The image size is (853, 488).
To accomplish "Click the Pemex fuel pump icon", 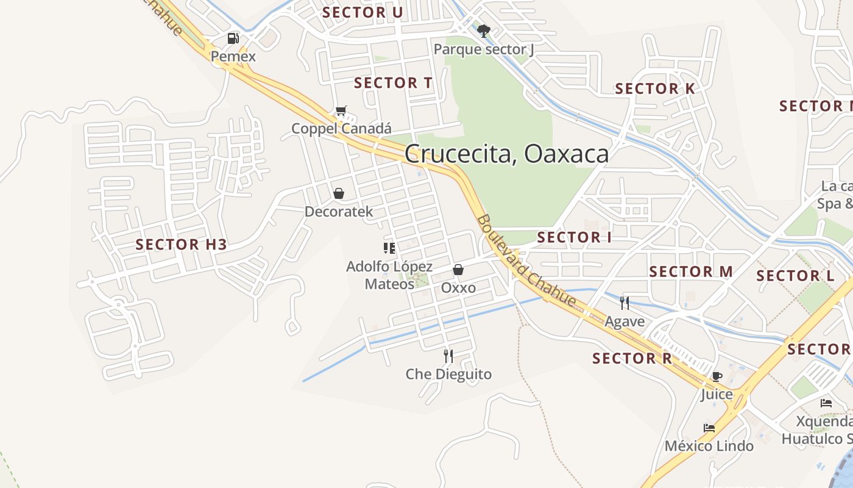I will [233, 38].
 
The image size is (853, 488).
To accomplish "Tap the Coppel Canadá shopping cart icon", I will [341, 111].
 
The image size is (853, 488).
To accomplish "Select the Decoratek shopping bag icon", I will [339, 193].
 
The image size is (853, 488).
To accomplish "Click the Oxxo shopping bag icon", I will [458, 270].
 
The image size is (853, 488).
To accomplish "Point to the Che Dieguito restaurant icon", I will [448, 356].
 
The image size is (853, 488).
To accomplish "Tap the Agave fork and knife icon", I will [625, 303].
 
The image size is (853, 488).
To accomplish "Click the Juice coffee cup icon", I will [717, 376].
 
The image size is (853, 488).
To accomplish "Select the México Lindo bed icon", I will [709, 428].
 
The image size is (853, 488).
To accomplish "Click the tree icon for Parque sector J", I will [484, 30].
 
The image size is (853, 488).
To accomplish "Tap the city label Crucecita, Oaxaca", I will [506, 154].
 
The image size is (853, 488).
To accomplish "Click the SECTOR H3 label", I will [181, 245].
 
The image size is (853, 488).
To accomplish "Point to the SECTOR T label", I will [393, 83].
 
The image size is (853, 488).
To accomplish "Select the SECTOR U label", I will [363, 12].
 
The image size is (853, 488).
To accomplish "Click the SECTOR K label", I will [654, 88].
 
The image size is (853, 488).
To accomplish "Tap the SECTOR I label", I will [574, 237].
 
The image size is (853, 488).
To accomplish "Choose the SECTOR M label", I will [690, 271].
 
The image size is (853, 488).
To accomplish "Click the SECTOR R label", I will [632, 358].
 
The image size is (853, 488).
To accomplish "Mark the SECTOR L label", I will [795, 276].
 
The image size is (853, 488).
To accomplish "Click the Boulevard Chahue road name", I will [526, 260].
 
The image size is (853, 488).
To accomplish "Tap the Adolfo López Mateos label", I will [389, 275].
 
